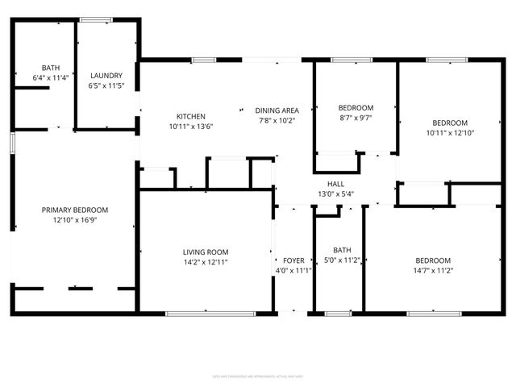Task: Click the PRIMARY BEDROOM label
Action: [75, 210]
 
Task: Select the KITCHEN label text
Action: [186, 116]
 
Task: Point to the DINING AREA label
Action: [277, 110]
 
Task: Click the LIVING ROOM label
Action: [206, 252]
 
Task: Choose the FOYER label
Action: [293, 260]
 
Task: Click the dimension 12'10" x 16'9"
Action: [75, 220]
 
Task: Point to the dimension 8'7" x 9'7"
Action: [356, 119]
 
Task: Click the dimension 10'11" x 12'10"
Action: [447, 133]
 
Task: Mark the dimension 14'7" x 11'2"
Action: [433, 271]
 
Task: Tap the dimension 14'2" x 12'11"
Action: [206, 262]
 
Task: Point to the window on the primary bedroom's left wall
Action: [12, 142]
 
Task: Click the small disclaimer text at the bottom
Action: [257, 375]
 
